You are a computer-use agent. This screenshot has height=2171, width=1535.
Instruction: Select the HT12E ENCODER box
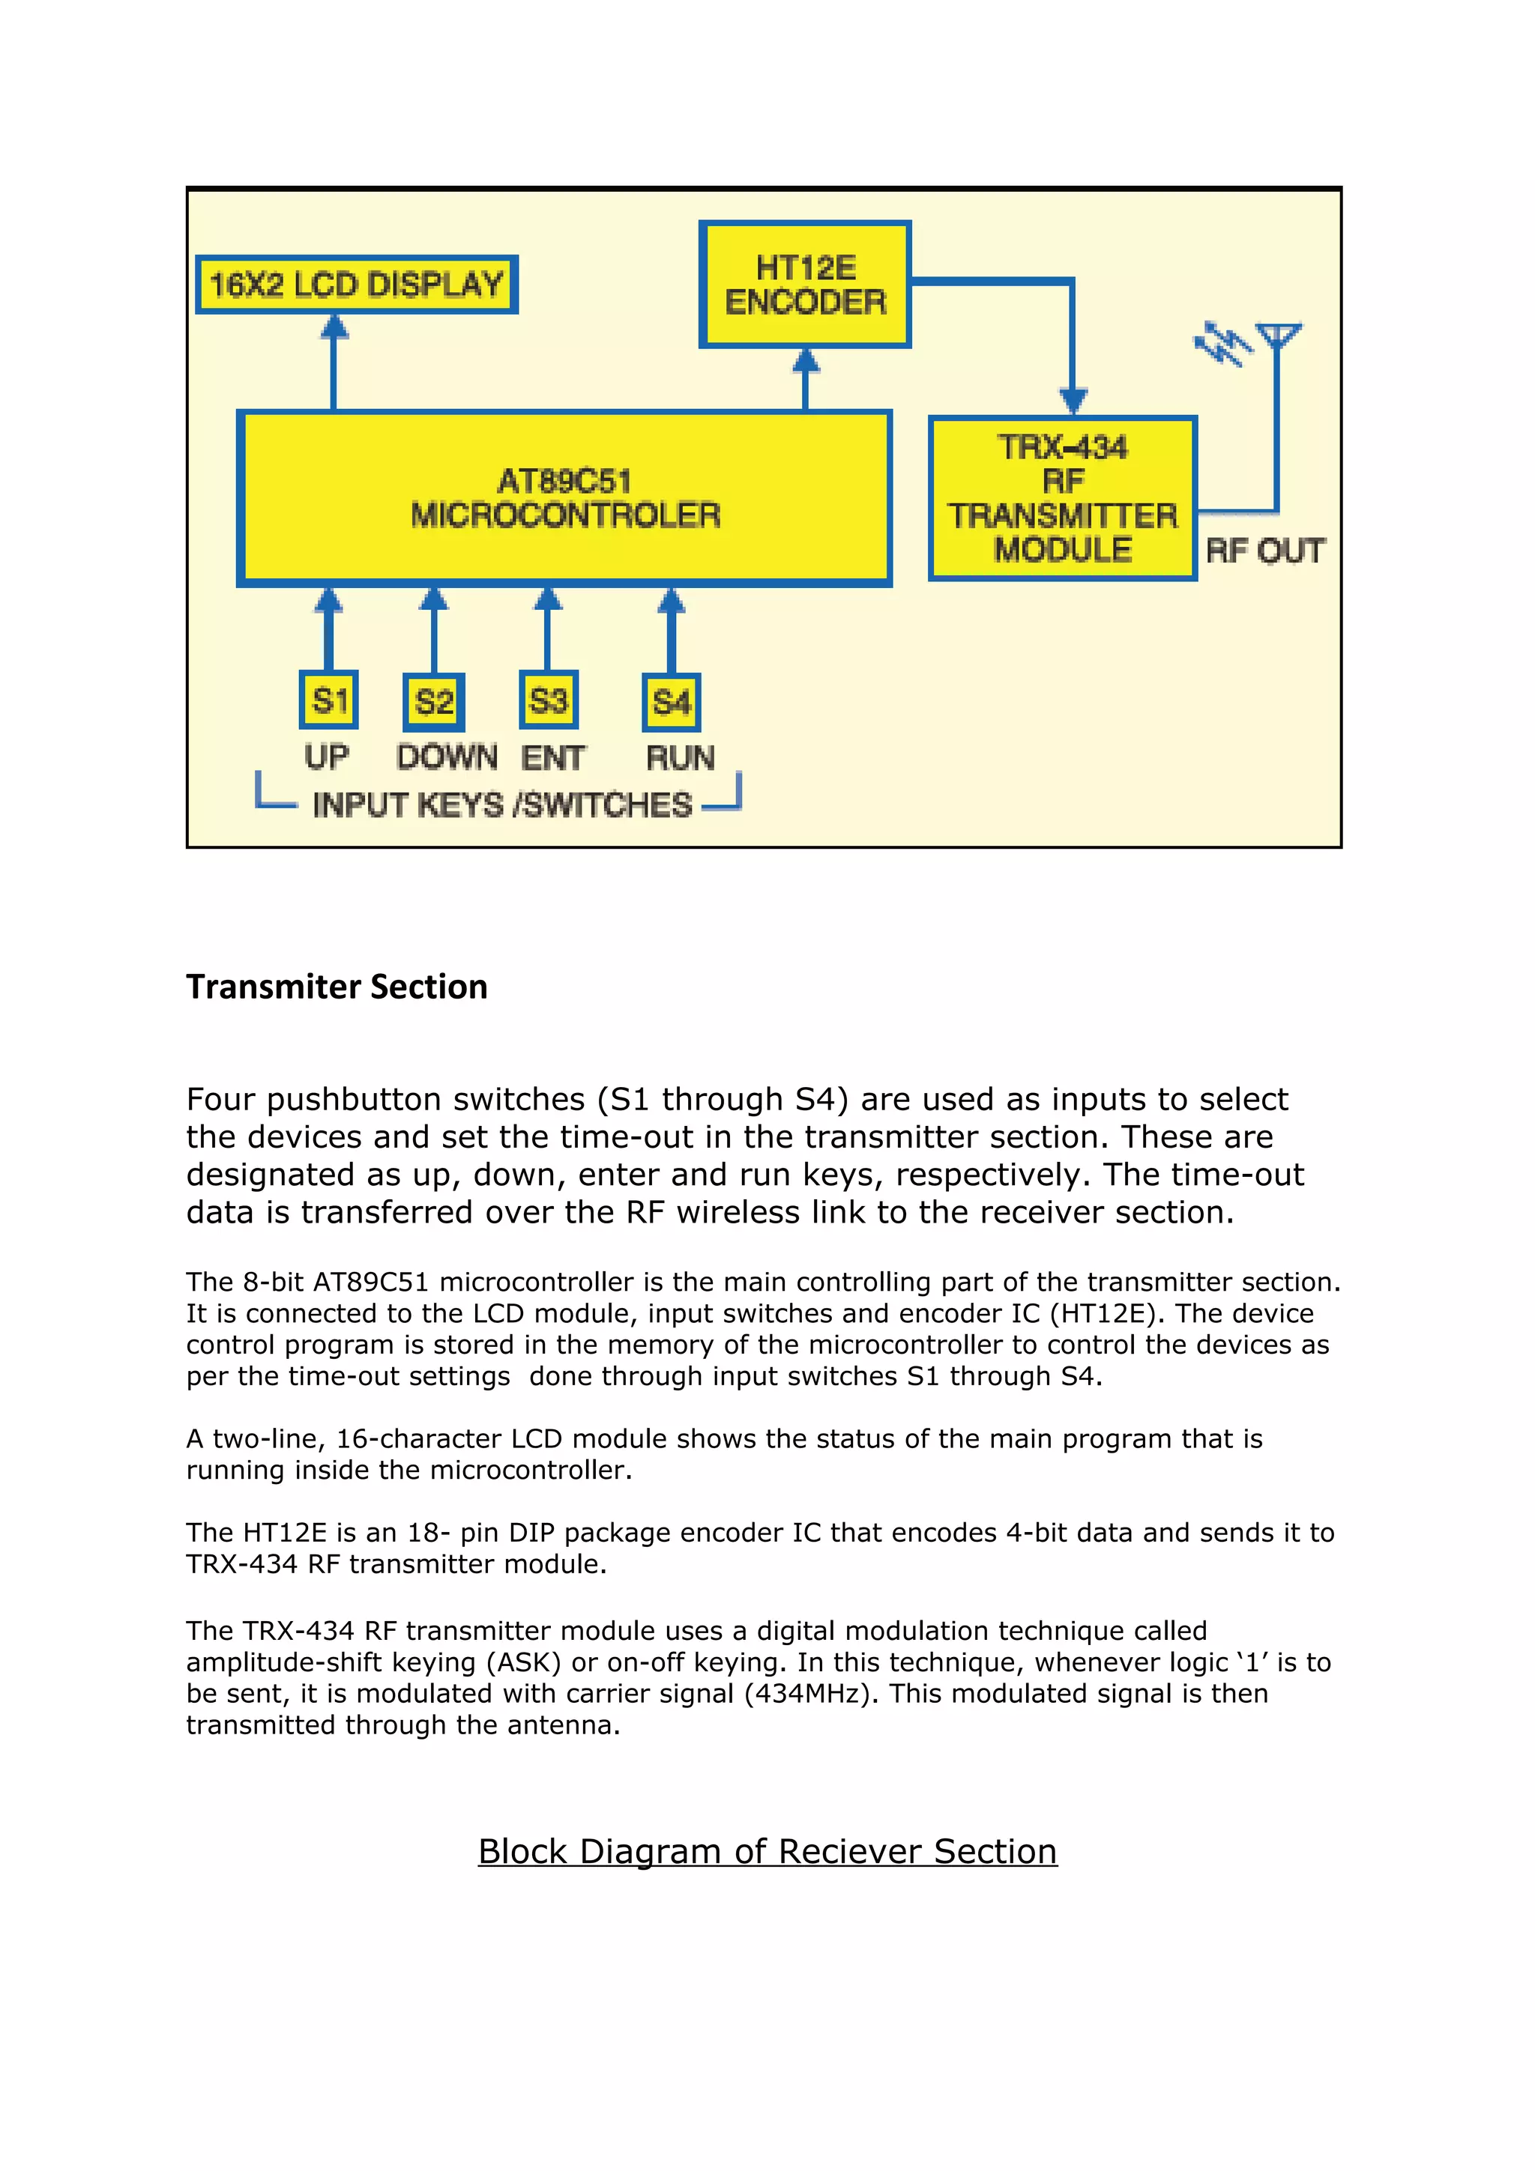pos(805,285)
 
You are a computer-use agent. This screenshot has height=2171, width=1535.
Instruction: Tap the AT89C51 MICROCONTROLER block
pos(564,498)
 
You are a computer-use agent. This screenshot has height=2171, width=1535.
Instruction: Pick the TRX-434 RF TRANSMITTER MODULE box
pos(1062,498)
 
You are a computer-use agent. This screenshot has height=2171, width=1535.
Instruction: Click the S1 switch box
pos(328,700)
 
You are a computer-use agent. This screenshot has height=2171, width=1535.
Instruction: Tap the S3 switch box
pos(549,700)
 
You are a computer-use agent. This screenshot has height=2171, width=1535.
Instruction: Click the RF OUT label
pos(1264,551)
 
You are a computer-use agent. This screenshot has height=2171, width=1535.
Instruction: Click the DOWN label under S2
pos(447,757)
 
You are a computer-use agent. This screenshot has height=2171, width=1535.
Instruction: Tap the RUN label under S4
pos(680,758)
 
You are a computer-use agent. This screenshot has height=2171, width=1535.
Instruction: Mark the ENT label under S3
pos(553,758)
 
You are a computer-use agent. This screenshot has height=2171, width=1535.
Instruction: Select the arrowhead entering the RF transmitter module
pos(1073,400)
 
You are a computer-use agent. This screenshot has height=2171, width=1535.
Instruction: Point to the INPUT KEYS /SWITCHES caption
pos(502,805)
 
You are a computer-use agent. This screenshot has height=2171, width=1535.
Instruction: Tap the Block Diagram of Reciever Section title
pos(767,1850)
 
